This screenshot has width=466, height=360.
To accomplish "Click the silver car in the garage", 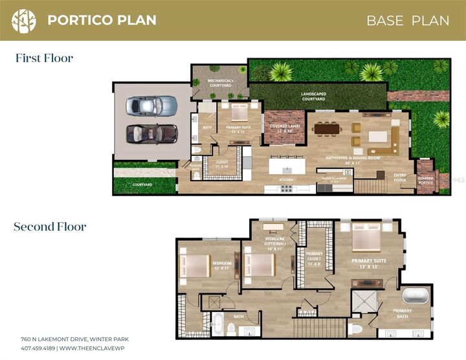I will pyautogui.click(x=151, y=106).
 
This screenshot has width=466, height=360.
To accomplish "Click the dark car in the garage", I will pyautogui.click(x=151, y=133).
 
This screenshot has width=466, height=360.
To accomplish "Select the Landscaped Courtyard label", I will pyautogui.click(x=313, y=96).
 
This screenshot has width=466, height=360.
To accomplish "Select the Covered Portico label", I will pyautogui.click(x=426, y=180).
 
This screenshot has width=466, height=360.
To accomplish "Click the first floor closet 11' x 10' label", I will pyautogui.click(x=222, y=164).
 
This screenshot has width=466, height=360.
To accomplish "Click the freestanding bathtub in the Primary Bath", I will pyautogui.click(x=416, y=297).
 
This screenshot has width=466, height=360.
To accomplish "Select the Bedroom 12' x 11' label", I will pyautogui.click(x=222, y=265).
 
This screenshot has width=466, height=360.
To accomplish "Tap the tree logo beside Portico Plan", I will pyautogui.click(x=24, y=20).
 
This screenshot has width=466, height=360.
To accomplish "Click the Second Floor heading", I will pyautogui.click(x=50, y=227).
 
